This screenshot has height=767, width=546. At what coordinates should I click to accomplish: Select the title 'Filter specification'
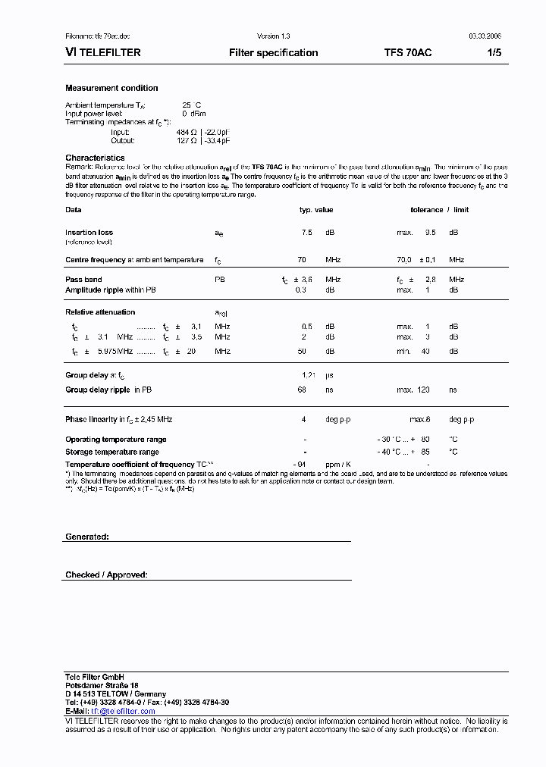click(x=273, y=53)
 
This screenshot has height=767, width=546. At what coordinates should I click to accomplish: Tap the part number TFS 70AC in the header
click(x=409, y=53)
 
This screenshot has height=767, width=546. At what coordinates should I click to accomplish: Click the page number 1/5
click(x=493, y=53)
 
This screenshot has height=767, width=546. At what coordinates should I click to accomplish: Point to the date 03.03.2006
click(x=485, y=36)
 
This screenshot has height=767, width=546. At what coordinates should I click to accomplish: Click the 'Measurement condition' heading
click(x=111, y=89)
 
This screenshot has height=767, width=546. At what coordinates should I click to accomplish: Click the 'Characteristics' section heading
click(x=95, y=158)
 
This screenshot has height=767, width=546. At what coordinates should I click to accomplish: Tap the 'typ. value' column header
click(x=315, y=210)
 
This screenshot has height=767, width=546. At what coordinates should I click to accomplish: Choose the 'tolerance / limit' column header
click(x=439, y=210)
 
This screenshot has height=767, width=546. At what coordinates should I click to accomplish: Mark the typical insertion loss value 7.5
click(x=306, y=233)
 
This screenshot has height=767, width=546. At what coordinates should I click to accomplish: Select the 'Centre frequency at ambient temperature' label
click(x=134, y=260)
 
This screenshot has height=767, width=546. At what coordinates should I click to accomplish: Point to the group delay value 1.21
click(x=308, y=375)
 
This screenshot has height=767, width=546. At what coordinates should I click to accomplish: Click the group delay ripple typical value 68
click(x=302, y=390)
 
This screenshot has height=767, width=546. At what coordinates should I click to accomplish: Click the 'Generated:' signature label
click(x=87, y=537)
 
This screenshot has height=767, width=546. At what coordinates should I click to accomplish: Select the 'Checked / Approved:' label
click(x=106, y=575)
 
